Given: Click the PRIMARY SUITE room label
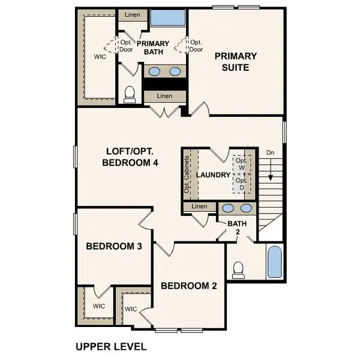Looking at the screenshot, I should (x=236, y=62).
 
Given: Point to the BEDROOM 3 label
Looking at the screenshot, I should (x=113, y=246).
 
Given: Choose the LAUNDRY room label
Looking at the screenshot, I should (x=213, y=175).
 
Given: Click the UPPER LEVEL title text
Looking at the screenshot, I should (x=111, y=346).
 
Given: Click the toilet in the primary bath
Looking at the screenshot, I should (x=129, y=93).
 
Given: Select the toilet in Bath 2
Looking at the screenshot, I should (x=239, y=269).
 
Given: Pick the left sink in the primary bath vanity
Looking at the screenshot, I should (x=154, y=72).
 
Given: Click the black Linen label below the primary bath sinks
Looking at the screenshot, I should (x=164, y=96).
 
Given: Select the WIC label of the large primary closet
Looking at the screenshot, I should (x=100, y=58).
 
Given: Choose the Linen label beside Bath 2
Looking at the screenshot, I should (x=199, y=206).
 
